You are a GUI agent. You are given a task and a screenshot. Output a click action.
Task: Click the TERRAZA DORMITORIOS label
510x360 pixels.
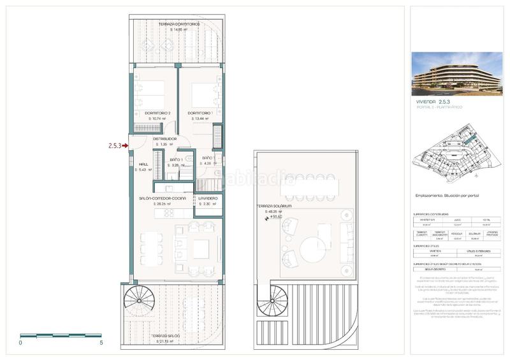point(178,24)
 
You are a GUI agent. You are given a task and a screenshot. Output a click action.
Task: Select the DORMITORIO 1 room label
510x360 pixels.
point(200,113)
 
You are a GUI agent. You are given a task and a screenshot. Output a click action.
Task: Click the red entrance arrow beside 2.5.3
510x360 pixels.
point(126,145)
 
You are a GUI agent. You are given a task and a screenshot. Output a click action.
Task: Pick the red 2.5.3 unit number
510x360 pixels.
point(115,145)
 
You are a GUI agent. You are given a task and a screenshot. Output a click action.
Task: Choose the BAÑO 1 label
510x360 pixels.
point(177,159)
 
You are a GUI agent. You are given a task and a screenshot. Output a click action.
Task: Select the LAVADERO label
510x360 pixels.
point(208,199)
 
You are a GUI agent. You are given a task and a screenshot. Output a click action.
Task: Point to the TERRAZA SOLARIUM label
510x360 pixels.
point(274,206)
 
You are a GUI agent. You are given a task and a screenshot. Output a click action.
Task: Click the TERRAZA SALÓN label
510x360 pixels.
point(165,335)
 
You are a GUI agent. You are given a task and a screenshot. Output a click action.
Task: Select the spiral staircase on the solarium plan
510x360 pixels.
point(272,298)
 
